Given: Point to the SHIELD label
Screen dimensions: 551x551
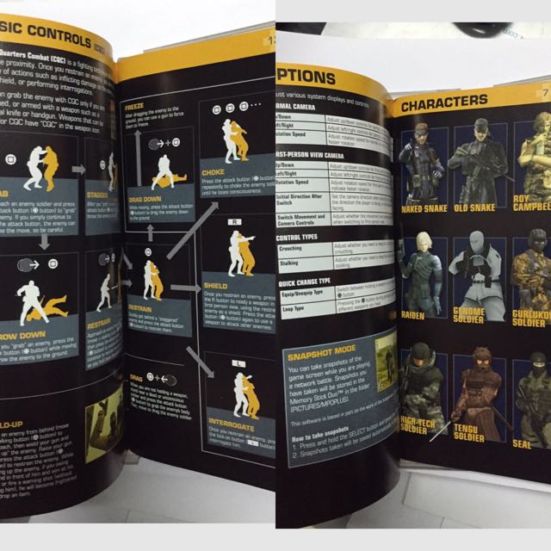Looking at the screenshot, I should click(217, 285).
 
